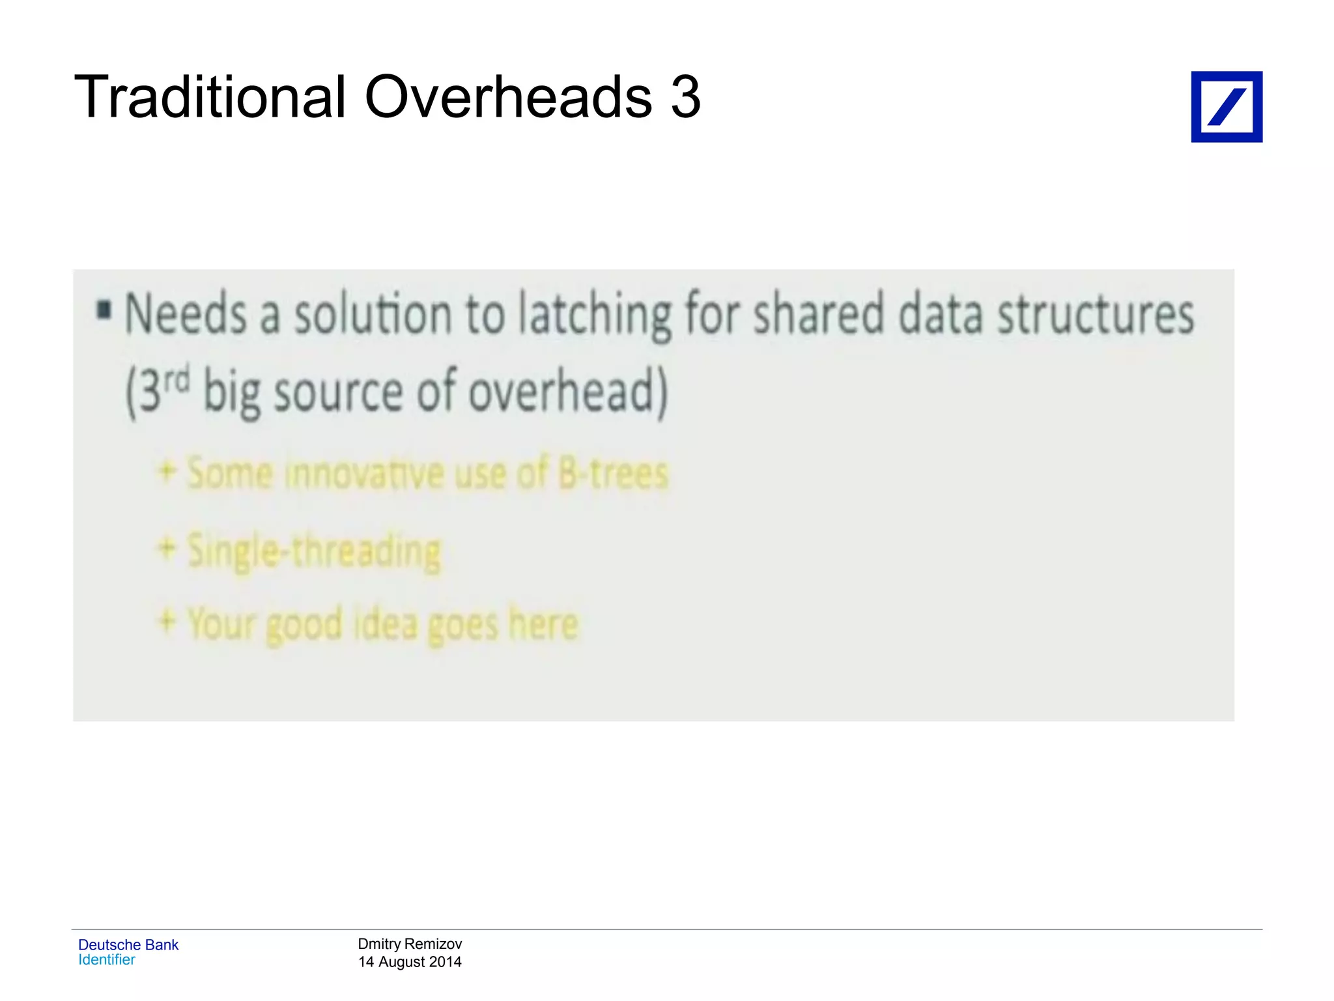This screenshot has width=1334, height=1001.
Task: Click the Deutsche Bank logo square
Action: [x=1227, y=107]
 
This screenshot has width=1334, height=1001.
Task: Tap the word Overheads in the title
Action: [x=508, y=98]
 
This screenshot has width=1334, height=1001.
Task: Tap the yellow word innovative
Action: [x=364, y=474]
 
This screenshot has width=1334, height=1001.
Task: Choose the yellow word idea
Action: [x=385, y=624]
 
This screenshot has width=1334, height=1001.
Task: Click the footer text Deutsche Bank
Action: [x=128, y=945]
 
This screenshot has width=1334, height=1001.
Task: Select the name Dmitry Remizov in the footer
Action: [x=410, y=944]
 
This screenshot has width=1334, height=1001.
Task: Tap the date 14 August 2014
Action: [x=410, y=962]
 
